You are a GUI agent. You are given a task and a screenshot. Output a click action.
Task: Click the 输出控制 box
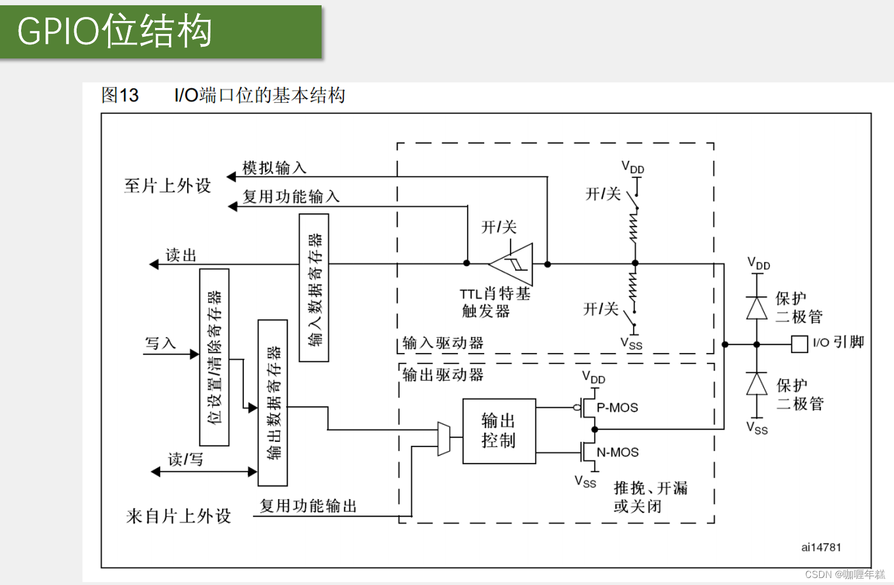click(499, 431)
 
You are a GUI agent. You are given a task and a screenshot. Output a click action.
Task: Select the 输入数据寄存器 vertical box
click(314, 288)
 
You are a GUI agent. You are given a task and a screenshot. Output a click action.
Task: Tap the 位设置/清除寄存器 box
click(214, 357)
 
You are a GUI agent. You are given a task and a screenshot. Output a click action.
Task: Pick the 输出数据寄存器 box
click(272, 403)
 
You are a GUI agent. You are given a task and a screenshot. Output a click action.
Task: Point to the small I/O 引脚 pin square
click(799, 344)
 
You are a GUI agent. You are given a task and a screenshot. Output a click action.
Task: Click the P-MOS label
click(617, 407)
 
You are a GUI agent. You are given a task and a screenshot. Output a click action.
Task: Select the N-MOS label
click(617, 452)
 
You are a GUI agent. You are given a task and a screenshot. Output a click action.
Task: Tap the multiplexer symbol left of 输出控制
click(444, 438)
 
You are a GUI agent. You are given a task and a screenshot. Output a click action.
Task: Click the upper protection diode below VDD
click(757, 307)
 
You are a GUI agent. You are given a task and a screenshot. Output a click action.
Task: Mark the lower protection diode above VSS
click(757, 384)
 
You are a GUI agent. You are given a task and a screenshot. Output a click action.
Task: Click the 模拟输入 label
click(274, 168)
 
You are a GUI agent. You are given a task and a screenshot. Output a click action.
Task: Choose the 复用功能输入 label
click(291, 196)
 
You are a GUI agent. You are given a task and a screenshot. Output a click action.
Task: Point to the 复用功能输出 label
click(308, 506)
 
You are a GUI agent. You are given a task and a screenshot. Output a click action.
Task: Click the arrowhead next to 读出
click(154, 264)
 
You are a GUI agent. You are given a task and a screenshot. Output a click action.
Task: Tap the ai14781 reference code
click(821, 547)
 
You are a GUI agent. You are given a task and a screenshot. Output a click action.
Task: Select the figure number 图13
click(120, 95)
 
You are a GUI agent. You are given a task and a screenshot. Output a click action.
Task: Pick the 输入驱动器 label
click(443, 343)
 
